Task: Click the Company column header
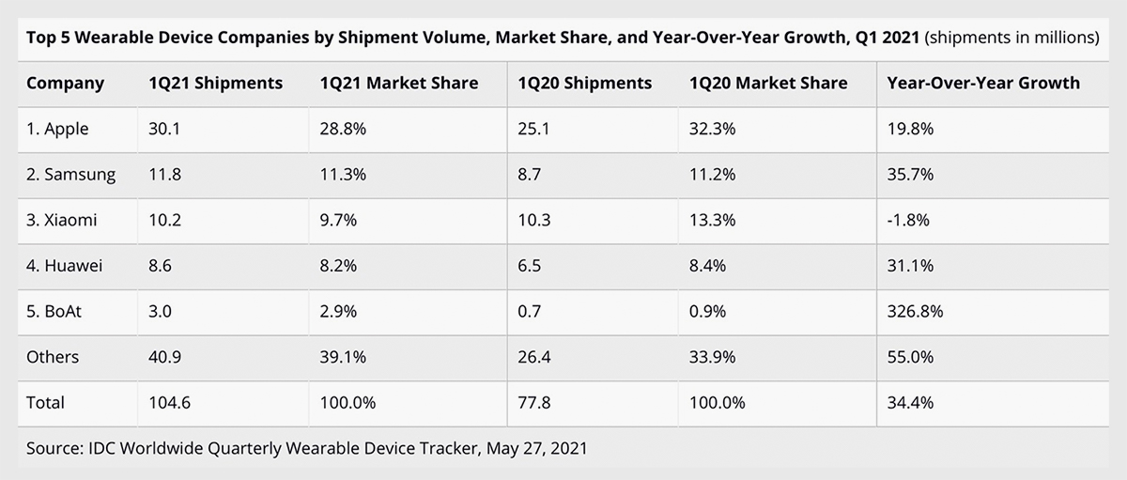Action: point(65,83)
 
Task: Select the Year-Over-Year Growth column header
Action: point(983,83)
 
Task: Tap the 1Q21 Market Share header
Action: point(399,83)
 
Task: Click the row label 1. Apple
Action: point(57,129)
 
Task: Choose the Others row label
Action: point(53,357)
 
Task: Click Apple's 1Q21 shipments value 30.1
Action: point(162,129)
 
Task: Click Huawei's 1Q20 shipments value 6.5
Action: point(530,266)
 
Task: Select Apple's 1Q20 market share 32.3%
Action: point(713,129)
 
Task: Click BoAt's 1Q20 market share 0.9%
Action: point(709,311)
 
